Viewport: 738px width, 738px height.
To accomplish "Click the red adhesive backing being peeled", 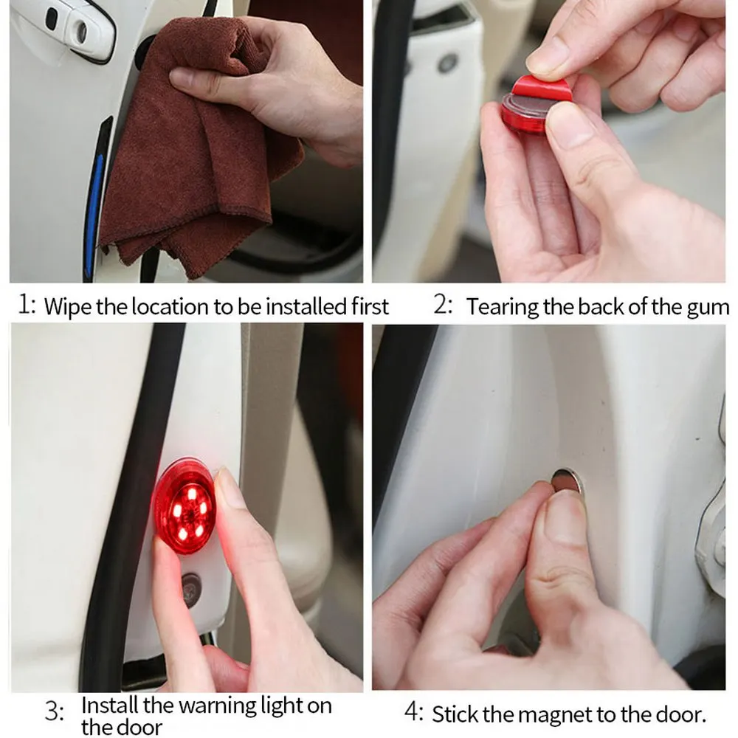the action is coord(541,89).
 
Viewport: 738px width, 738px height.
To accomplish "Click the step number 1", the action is coord(25,305).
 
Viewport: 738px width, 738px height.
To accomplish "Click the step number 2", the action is coord(442,305).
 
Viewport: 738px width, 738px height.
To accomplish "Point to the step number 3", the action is coord(54,711).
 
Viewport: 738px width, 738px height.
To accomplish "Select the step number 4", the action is coord(414,712).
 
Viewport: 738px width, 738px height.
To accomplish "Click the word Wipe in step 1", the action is coord(68,307).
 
